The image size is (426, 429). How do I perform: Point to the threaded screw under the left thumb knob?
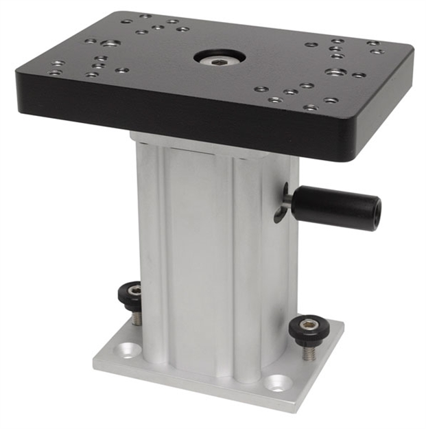(x=137, y=317)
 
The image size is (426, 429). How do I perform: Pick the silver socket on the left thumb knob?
(x=134, y=290)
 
